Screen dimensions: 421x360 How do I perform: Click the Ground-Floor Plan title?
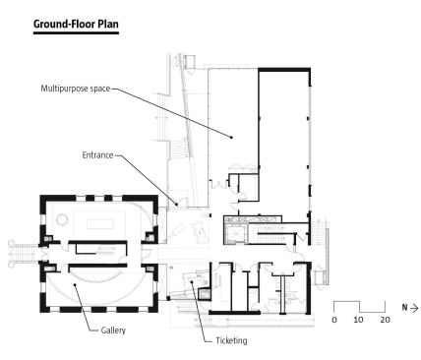(76, 24)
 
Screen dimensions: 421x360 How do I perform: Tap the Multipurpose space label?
(76, 89)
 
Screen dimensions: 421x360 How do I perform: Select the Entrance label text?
(97, 155)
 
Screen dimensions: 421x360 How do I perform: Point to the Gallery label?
(113, 330)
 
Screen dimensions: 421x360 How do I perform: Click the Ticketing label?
(231, 340)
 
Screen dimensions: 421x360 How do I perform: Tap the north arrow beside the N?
(414, 308)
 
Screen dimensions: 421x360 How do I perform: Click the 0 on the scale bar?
(334, 320)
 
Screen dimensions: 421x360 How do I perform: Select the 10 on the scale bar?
(358, 320)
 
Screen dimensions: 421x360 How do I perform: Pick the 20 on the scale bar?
(385, 320)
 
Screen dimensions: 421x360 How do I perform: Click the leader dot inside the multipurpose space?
(231, 138)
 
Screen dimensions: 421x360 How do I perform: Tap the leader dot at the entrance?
(177, 205)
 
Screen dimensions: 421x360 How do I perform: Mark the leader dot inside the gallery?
(75, 284)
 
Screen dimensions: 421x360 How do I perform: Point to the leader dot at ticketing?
(192, 281)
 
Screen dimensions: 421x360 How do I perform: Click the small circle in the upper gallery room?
(62, 219)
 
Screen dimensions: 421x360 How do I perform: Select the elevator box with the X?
(235, 233)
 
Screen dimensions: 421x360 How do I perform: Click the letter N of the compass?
(405, 308)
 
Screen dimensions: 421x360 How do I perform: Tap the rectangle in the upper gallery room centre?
(100, 225)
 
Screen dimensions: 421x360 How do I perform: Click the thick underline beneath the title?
(76, 32)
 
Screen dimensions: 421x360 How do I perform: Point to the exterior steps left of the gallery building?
(24, 254)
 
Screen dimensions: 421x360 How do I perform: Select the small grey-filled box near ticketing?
(205, 294)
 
